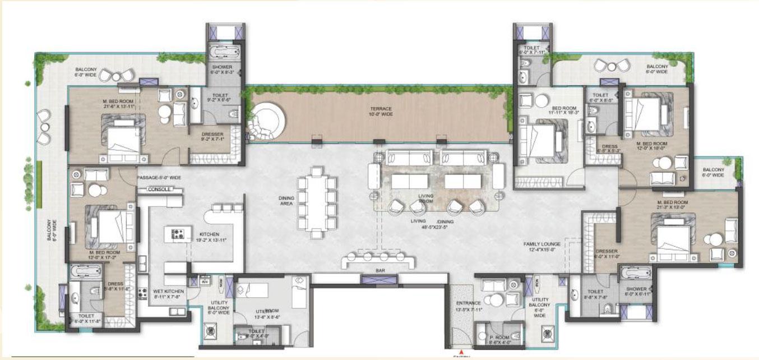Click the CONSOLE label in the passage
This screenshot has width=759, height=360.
click(159, 190)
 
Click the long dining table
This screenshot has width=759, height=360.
click(317, 202)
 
